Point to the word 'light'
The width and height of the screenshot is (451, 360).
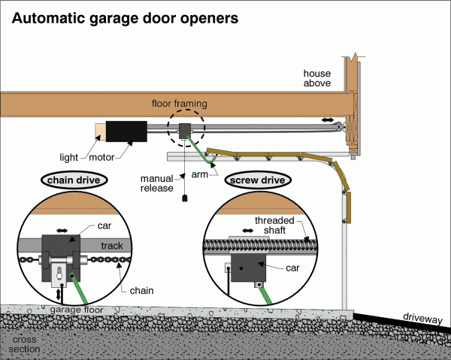point(69,158)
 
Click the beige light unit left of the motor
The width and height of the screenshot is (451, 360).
point(99,132)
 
